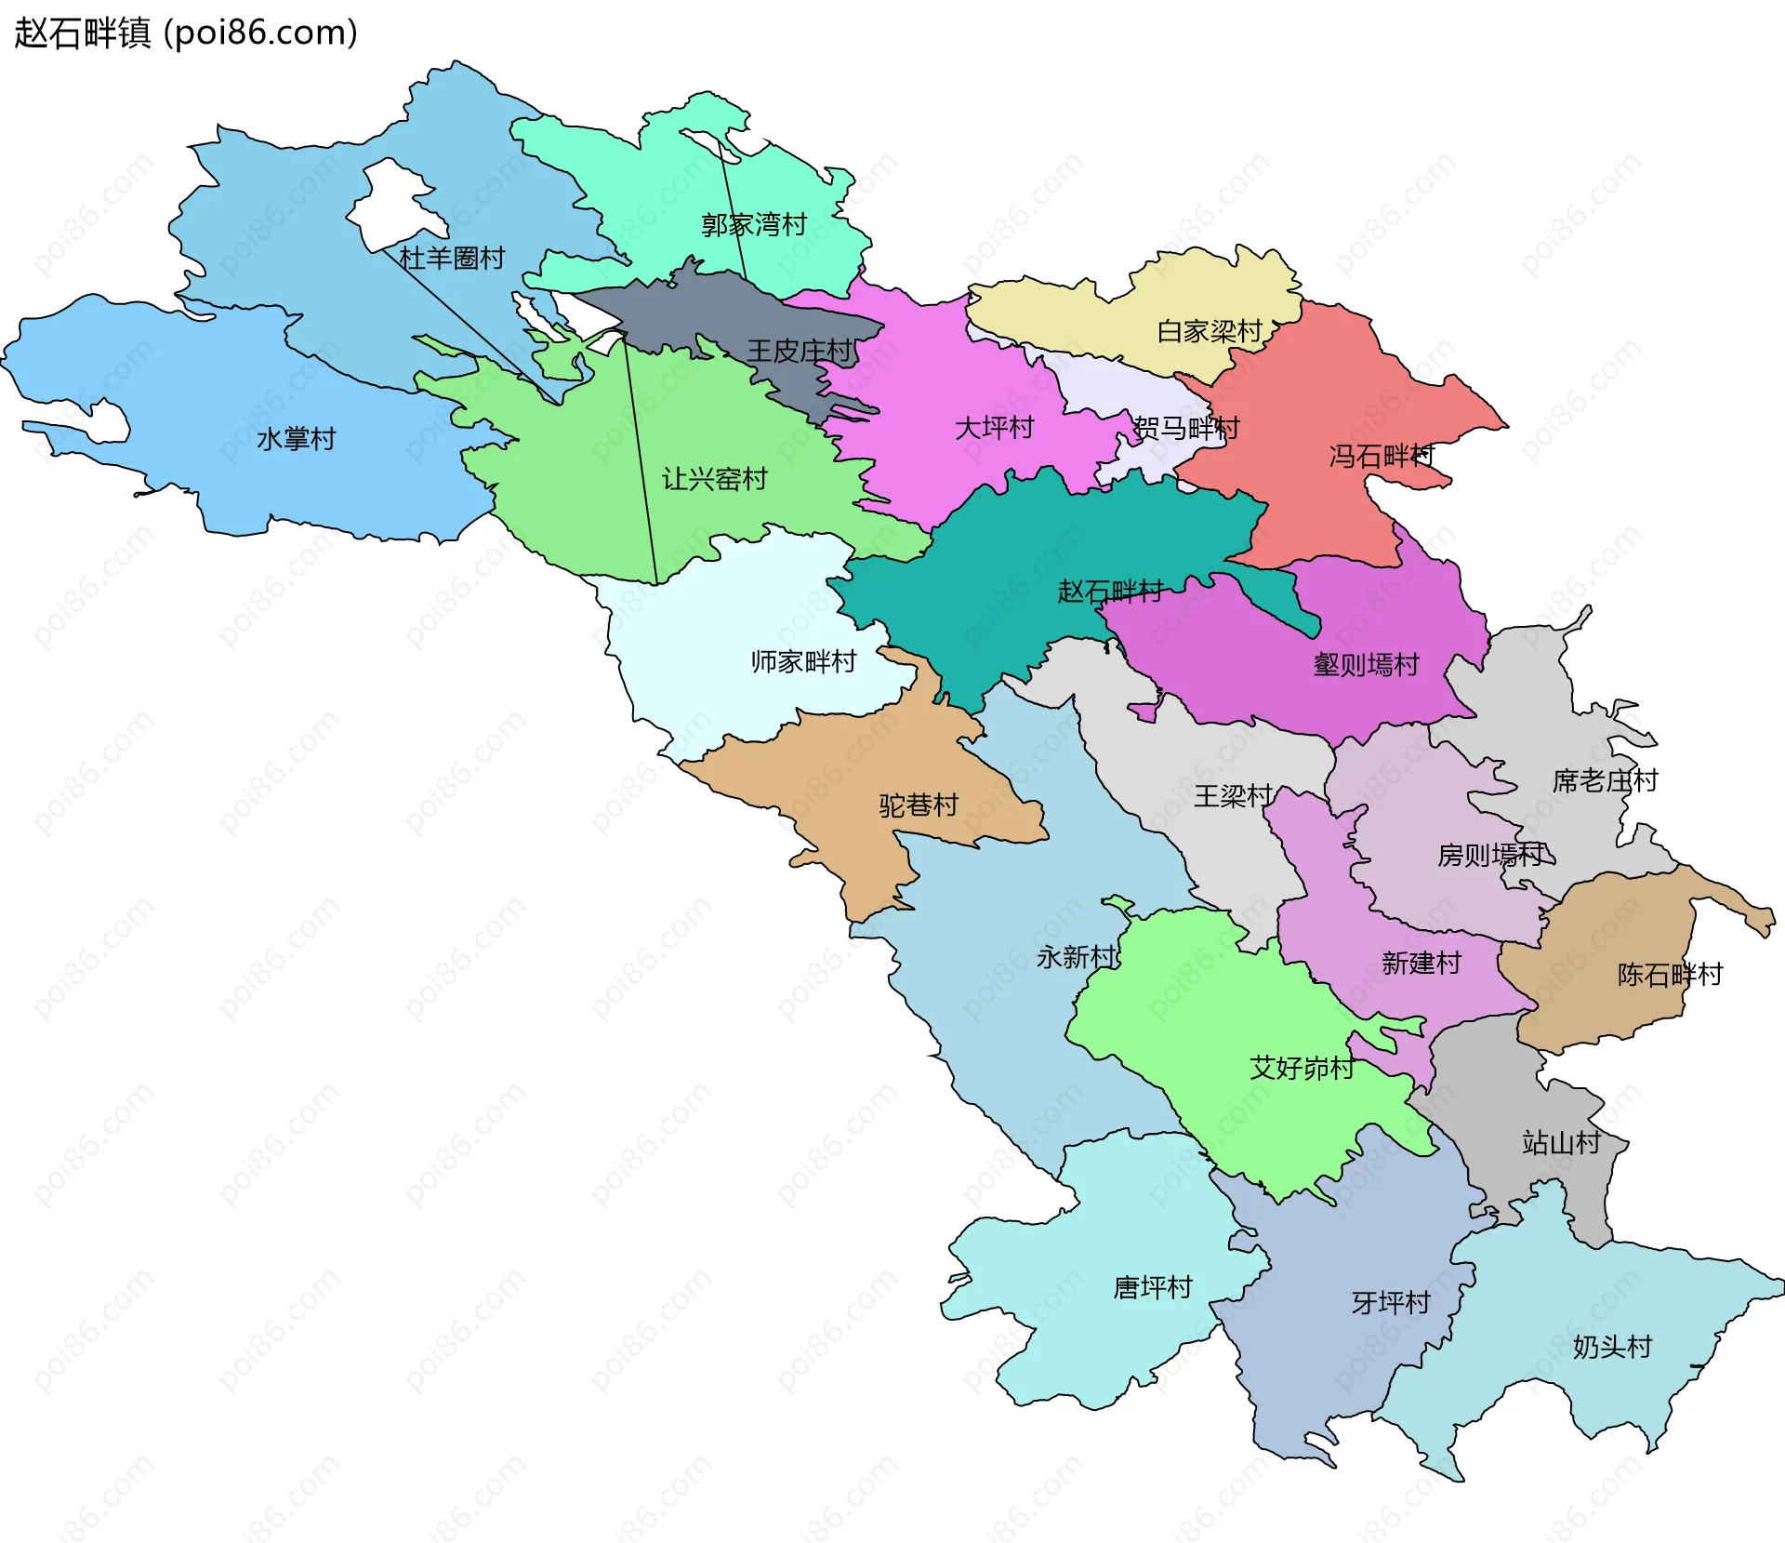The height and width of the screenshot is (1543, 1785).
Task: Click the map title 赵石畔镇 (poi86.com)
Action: pyautogui.click(x=186, y=33)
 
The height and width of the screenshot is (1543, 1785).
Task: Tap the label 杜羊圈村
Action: pyautogui.click(x=452, y=258)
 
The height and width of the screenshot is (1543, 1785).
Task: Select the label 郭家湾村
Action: pyautogui.click(x=753, y=224)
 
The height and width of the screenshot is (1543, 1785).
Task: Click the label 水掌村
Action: pyautogui.click(x=296, y=439)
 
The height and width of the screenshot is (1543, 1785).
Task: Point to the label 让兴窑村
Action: pyautogui.click(x=714, y=479)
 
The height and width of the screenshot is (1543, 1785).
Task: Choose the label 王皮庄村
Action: pyautogui.click(x=800, y=351)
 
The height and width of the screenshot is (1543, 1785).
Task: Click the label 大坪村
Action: pyautogui.click(x=994, y=428)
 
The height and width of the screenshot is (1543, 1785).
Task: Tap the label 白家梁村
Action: pyautogui.click(x=1209, y=331)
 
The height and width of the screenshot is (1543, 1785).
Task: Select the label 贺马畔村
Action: pyautogui.click(x=1186, y=428)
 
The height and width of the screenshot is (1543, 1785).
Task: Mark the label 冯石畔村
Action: pyautogui.click(x=1382, y=456)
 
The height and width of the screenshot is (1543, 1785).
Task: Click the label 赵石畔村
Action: pyautogui.click(x=1110, y=591)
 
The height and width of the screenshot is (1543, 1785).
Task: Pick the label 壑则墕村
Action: pyautogui.click(x=1366, y=664)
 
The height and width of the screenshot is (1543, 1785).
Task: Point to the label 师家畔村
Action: pyautogui.click(x=803, y=661)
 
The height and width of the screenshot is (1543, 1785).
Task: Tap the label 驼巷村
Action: pyautogui.click(x=919, y=805)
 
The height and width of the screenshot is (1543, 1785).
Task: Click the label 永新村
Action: pyautogui.click(x=1076, y=956)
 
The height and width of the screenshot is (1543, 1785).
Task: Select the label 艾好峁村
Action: pyautogui.click(x=1302, y=1067)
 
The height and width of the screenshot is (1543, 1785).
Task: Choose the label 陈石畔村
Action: pyautogui.click(x=1670, y=974)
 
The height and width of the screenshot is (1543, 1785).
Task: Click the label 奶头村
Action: pyautogui.click(x=1612, y=1346)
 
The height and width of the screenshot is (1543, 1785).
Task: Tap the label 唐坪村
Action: pyautogui.click(x=1153, y=1287)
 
